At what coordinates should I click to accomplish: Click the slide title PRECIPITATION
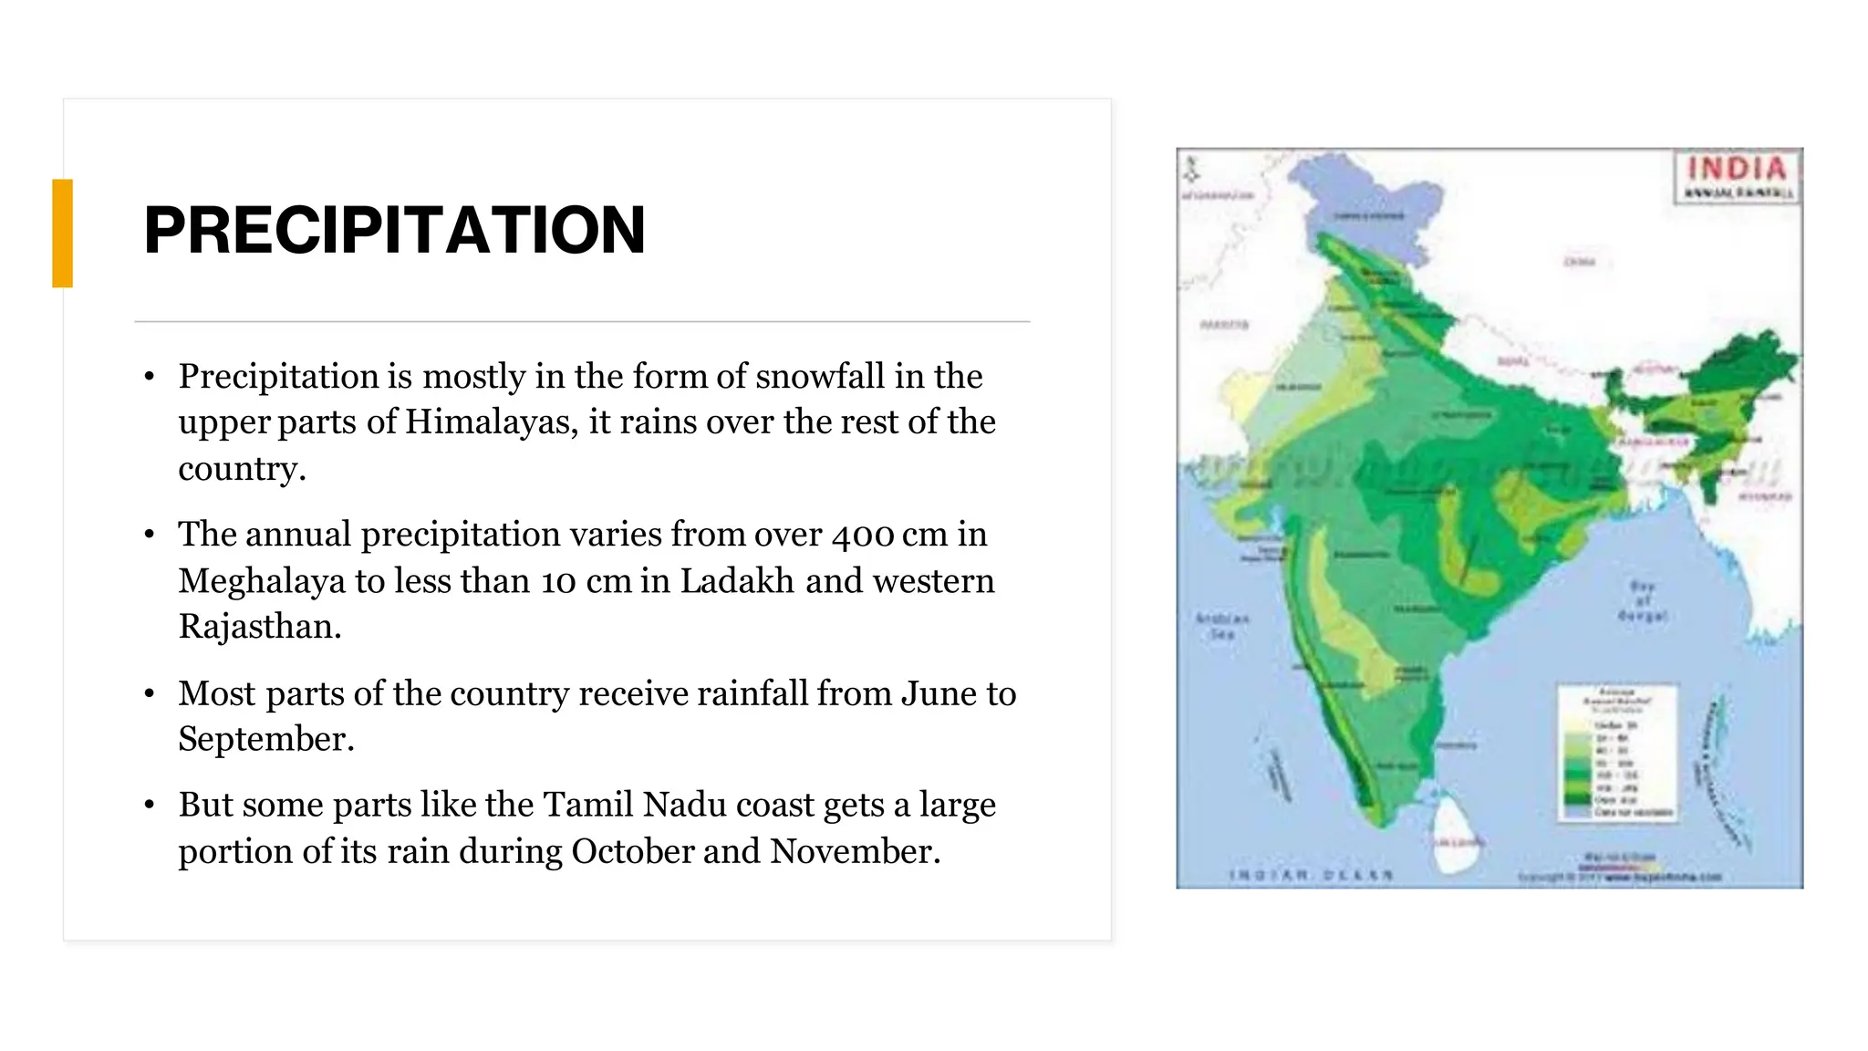[394, 230]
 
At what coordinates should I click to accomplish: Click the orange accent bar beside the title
[62, 234]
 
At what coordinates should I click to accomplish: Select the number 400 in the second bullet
[861, 535]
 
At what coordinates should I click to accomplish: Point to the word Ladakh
[737, 581]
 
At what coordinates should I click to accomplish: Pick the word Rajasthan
[258, 627]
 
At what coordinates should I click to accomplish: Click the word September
[264, 739]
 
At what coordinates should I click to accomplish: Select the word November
[854, 851]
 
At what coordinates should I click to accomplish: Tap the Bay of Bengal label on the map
[1642, 601]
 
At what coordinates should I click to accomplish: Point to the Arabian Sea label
[1222, 626]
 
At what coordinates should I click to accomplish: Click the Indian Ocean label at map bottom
[1311, 876]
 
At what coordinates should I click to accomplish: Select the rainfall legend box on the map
[1617, 754]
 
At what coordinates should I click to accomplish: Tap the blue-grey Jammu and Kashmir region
[1368, 205]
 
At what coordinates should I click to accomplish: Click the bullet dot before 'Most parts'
[150, 694]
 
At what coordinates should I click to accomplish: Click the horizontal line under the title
[582, 322]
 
